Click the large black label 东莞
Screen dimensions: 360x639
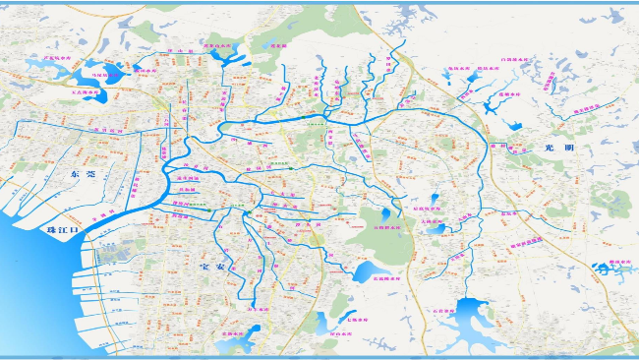click(x=83, y=173)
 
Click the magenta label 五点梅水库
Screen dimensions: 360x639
click(x=87, y=94)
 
